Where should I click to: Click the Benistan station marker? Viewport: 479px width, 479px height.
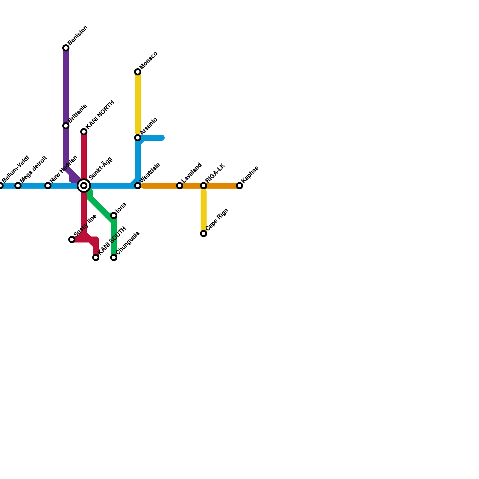66,48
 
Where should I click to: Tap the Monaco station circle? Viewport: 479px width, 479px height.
138,72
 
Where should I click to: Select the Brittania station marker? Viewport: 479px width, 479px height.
66,126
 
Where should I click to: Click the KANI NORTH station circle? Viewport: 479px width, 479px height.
84,132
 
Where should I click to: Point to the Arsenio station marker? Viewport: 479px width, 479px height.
138,138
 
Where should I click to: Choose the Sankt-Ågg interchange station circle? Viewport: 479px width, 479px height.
84,186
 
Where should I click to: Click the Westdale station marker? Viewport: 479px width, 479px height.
138,186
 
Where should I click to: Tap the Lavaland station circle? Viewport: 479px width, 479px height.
180,186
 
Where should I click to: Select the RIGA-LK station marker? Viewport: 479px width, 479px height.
204,186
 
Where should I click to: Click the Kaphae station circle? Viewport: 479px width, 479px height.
239,186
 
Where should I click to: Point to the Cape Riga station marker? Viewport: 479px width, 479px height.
204,234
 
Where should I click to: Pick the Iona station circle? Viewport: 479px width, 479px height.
114,216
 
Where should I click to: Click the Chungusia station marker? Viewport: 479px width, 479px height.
114,257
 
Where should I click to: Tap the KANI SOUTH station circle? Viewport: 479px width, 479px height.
96,257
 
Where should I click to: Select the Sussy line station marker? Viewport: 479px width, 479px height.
72,239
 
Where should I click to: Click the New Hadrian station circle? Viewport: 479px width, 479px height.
48,186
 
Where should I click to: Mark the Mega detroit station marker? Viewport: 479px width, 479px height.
18,186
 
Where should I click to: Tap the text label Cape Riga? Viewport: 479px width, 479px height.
217,219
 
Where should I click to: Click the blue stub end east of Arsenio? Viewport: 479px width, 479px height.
162,138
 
